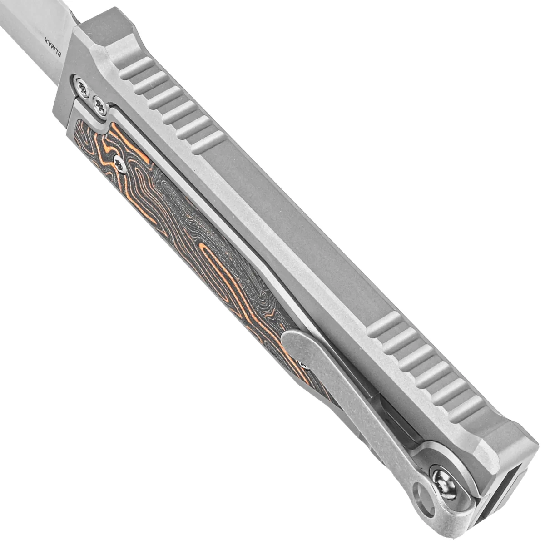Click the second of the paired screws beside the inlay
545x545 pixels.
click(x=100, y=109)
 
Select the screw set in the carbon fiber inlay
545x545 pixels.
click(x=120, y=164)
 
